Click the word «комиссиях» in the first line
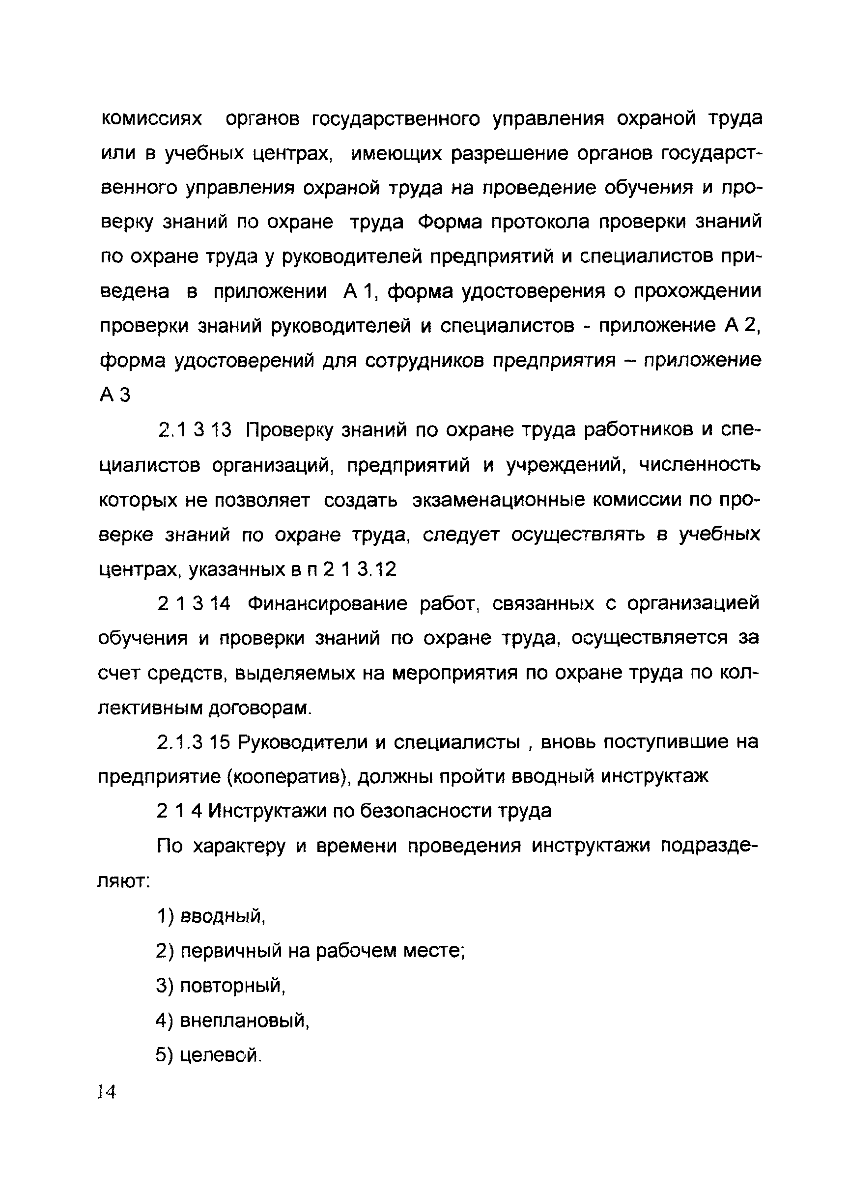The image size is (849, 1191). point(151,119)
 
